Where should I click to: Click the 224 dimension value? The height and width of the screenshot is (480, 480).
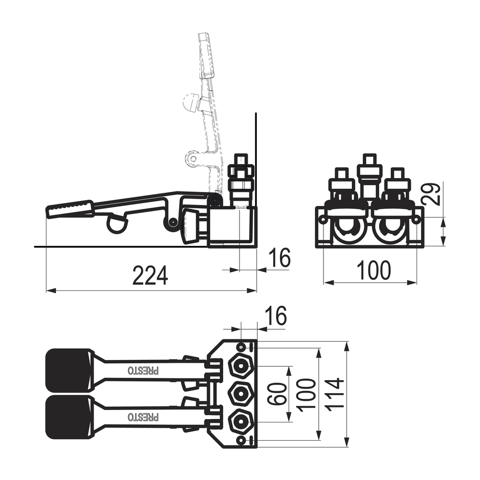pyautogui.click(x=150, y=276)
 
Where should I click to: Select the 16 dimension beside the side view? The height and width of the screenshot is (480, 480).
pyautogui.click(x=279, y=257)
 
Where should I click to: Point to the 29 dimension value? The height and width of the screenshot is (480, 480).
pyautogui.click(x=431, y=194)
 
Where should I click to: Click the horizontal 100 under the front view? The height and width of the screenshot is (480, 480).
pyautogui.click(x=373, y=270)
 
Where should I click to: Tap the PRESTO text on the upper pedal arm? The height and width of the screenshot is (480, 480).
pyautogui.click(x=143, y=371)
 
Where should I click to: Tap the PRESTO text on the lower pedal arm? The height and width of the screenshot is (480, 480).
pyautogui.click(x=143, y=417)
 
